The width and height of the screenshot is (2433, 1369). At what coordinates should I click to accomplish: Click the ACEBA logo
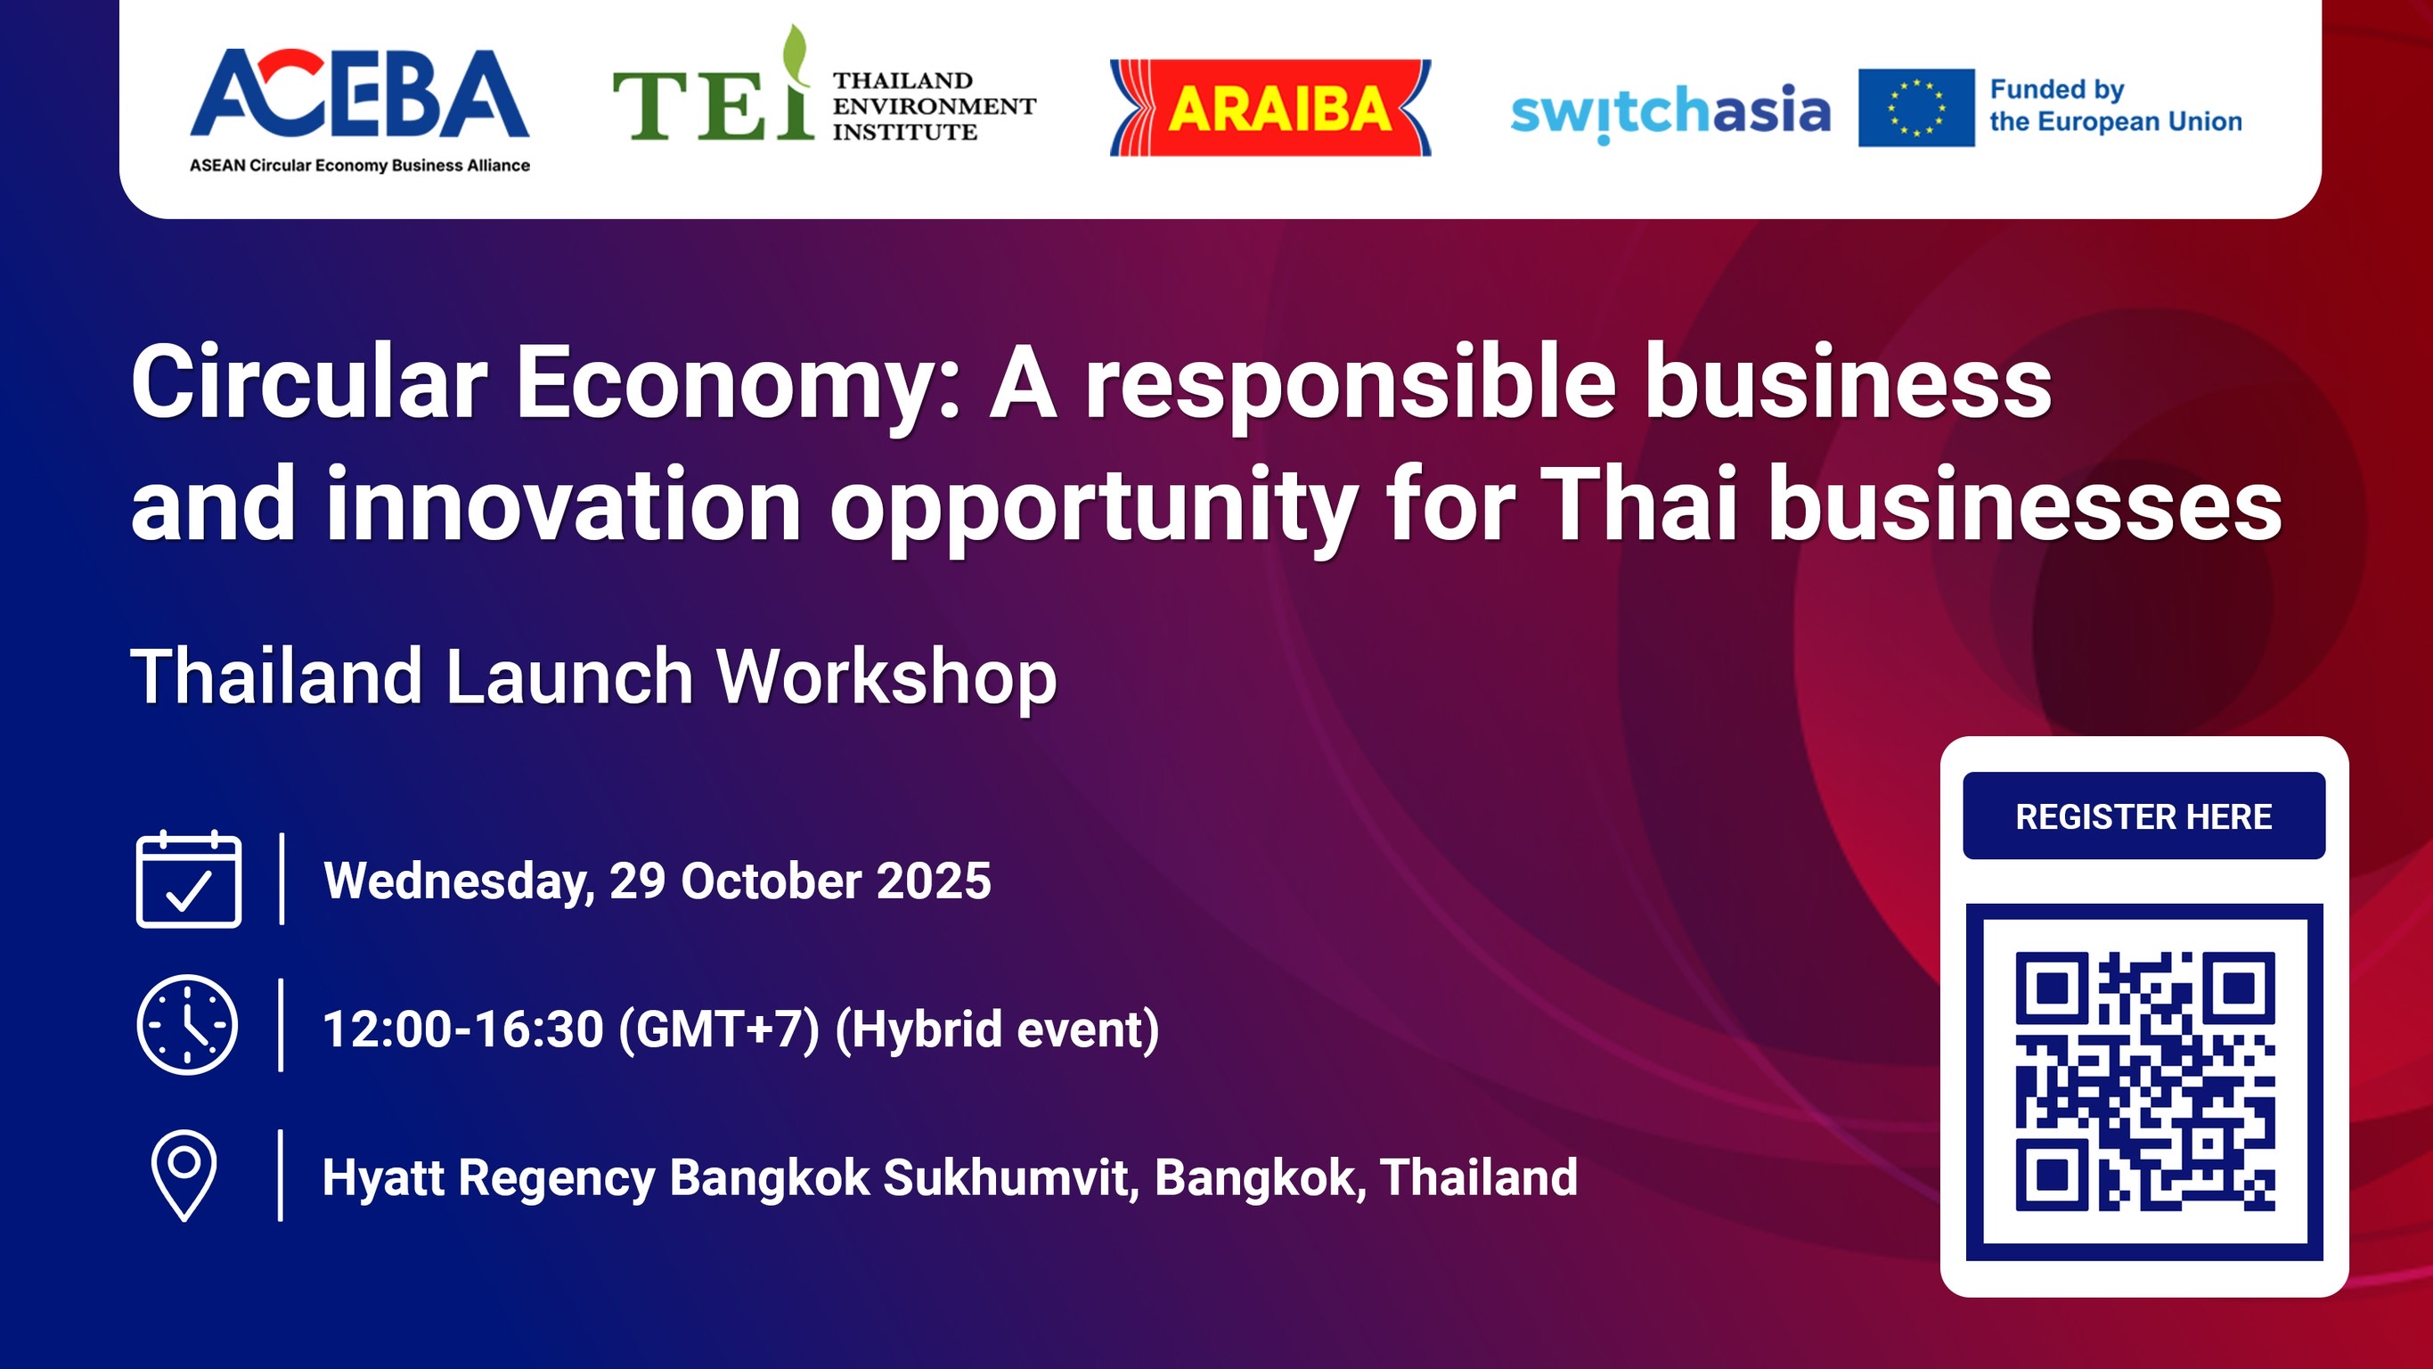(x=359, y=109)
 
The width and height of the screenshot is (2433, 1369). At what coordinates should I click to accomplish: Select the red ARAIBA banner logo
(x=1270, y=108)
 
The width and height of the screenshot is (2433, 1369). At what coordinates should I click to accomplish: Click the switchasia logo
(x=1670, y=111)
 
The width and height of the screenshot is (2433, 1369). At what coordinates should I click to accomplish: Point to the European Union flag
(x=1915, y=108)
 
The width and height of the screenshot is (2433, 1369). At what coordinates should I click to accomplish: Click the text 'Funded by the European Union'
(x=2115, y=106)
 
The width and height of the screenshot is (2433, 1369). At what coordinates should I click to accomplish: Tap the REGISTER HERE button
(x=2143, y=816)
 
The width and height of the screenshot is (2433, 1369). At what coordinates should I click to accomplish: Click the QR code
(x=2144, y=1082)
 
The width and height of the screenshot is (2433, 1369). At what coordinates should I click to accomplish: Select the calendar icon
(x=189, y=880)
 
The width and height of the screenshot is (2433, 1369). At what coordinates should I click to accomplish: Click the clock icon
(x=187, y=1025)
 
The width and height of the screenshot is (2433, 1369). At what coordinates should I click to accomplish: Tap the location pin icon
(x=184, y=1175)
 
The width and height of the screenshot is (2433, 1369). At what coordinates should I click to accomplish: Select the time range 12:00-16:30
(x=462, y=1029)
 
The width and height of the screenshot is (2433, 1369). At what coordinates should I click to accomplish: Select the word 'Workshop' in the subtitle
(x=886, y=676)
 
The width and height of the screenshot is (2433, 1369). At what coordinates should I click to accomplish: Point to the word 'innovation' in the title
(x=563, y=505)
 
